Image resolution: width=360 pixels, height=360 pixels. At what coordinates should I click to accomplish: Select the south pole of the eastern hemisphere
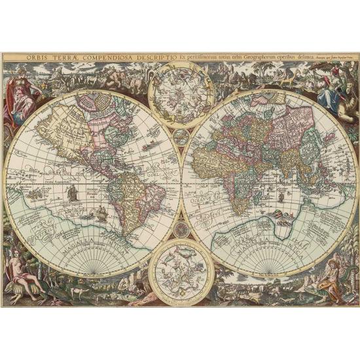tap(269, 272)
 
